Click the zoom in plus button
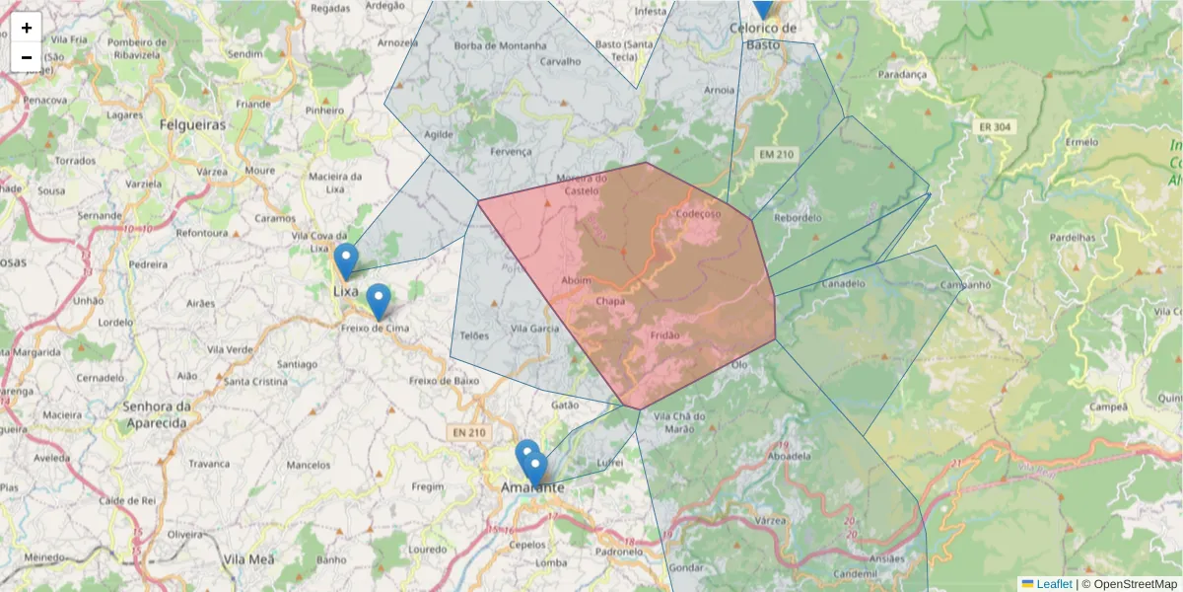pyautogui.click(x=27, y=28)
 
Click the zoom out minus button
pyautogui.click(x=27, y=57)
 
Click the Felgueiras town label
pyautogui.click(x=192, y=125)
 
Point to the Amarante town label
pyautogui.click(x=532, y=487)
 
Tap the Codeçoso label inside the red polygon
pyautogui.click(x=700, y=213)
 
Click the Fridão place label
pyautogui.click(x=665, y=335)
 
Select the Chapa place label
pyautogui.click(x=609, y=301)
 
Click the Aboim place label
pyautogui.click(x=576, y=280)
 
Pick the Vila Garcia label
pyautogui.click(x=535, y=329)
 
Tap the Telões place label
pyautogui.click(x=474, y=335)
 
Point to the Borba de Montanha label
pyautogui.click(x=500, y=45)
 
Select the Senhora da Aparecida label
pyautogui.click(x=156, y=414)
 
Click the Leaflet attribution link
pyautogui.click(x=1054, y=584)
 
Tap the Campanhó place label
pyautogui.click(x=938, y=286)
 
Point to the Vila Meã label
pyautogui.click(x=247, y=558)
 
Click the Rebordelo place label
pyautogui.click(x=799, y=217)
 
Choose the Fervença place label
pyautogui.click(x=510, y=151)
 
